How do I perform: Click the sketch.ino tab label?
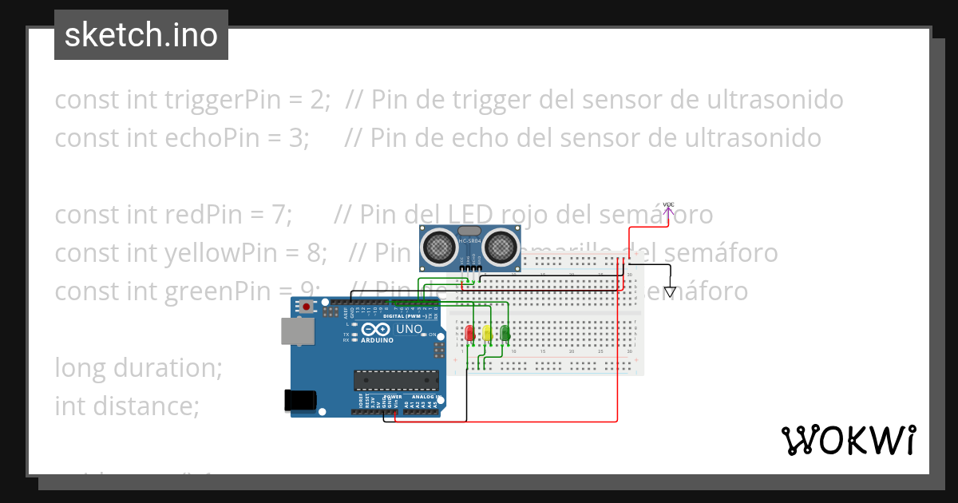(x=141, y=35)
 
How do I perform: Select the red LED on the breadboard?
(x=469, y=333)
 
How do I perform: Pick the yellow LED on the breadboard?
(x=487, y=333)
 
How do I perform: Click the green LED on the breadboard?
(x=505, y=333)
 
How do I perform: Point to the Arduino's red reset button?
(x=307, y=306)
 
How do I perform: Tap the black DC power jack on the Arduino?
(x=299, y=400)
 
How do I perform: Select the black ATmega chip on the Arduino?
(x=386, y=382)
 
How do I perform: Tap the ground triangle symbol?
(x=670, y=292)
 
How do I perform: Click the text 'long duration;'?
(x=138, y=368)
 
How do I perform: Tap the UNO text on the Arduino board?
(x=409, y=329)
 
